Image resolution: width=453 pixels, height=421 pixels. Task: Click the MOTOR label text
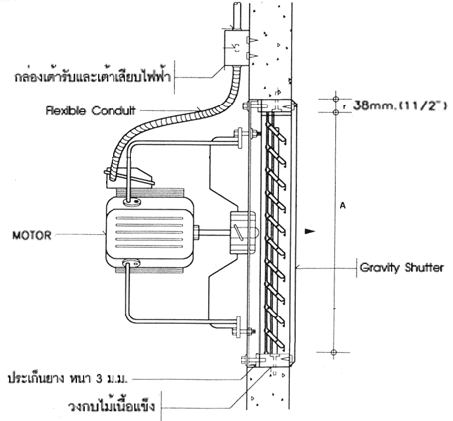32,235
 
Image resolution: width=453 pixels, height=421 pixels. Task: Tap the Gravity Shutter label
402,267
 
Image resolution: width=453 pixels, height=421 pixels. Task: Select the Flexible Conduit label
91,110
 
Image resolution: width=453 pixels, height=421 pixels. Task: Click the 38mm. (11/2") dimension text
400,105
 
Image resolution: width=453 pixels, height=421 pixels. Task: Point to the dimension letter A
343,206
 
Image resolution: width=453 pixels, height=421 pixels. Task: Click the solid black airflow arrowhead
310,231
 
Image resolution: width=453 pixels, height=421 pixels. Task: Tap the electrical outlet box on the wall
236,48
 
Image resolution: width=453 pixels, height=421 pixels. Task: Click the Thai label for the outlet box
93,76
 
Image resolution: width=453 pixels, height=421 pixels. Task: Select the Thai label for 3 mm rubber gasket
68,378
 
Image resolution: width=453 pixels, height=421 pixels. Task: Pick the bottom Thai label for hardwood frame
112,405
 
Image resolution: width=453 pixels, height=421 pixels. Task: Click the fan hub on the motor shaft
243,233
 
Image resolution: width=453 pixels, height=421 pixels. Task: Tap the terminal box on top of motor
128,178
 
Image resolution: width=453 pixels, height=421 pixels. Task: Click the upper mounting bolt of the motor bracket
245,134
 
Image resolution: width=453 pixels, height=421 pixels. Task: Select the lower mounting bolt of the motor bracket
244,331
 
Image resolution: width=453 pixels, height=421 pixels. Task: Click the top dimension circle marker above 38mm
335,99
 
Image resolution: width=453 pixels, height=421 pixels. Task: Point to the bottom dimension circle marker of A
334,352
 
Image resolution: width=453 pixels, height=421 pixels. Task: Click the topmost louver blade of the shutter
276,133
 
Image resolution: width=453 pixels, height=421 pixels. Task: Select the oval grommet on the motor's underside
131,263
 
